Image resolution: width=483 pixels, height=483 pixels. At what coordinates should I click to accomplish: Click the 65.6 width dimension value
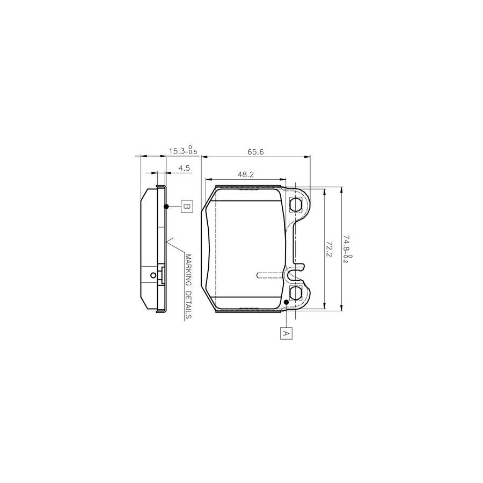(255, 152)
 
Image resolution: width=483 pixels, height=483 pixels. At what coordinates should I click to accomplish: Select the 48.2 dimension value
(245, 174)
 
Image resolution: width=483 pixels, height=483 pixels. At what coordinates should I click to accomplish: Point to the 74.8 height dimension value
(347, 244)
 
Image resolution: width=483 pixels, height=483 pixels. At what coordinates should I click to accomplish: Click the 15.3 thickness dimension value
(177, 151)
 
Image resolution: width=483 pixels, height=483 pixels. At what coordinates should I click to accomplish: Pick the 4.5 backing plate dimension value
(184, 168)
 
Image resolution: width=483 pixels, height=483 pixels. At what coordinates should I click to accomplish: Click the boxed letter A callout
(286, 333)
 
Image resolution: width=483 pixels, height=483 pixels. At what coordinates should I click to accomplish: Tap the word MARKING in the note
(188, 270)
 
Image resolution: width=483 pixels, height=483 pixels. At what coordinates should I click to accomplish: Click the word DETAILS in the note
(188, 305)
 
